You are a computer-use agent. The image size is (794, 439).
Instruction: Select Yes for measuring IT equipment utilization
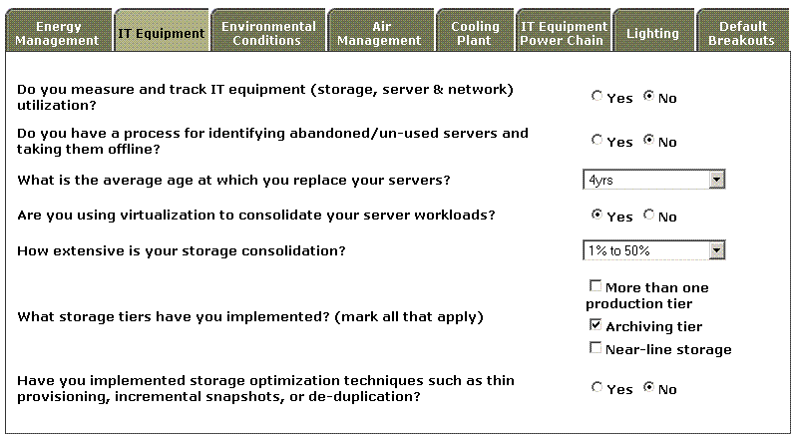[596, 96]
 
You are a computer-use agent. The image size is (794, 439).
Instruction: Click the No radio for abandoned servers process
[648, 141]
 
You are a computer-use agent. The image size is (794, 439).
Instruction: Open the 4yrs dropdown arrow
[717, 180]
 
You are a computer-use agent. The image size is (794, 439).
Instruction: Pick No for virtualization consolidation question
[648, 216]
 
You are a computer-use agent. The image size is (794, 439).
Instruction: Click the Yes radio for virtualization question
[596, 216]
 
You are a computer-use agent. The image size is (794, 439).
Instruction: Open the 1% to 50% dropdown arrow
[717, 250]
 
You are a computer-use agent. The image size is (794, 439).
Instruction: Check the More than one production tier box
[595, 286]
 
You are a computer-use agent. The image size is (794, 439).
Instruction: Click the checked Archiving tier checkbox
[595, 325]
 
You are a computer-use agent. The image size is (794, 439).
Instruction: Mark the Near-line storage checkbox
[595, 348]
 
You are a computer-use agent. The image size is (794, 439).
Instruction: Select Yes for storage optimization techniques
[596, 388]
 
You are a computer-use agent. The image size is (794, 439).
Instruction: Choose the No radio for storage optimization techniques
[648, 388]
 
